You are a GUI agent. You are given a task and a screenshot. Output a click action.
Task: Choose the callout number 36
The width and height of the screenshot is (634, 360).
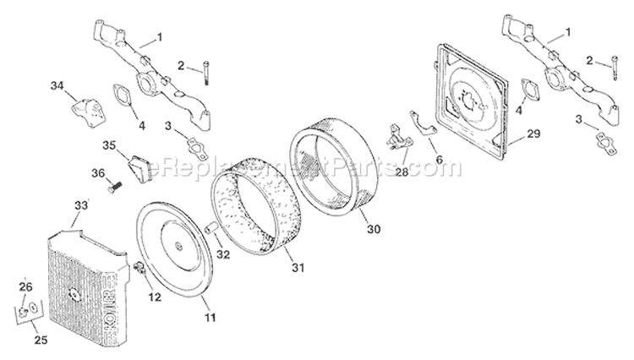97,173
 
